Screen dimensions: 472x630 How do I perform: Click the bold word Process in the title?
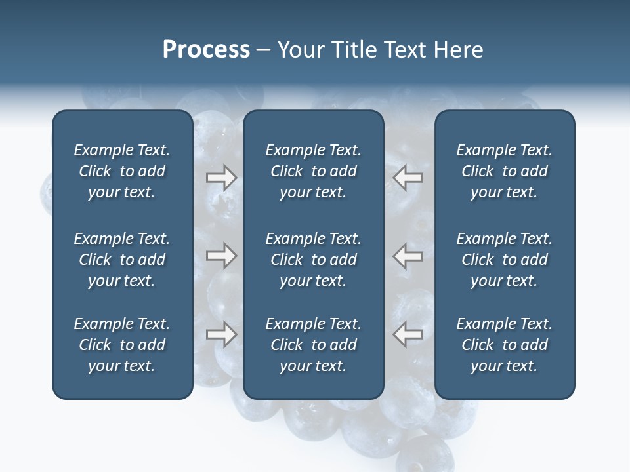(x=206, y=50)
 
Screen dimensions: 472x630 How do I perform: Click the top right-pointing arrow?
(x=221, y=178)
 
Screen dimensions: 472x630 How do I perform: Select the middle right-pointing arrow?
(x=221, y=256)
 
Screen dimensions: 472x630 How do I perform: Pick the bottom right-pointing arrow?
(x=221, y=334)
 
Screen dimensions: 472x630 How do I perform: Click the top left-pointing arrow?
(x=408, y=178)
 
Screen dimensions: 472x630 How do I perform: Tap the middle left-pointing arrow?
(x=408, y=256)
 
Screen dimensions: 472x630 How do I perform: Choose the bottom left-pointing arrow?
(x=408, y=334)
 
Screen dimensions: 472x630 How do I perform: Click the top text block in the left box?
(x=122, y=171)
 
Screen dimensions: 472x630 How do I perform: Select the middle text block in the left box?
(x=122, y=260)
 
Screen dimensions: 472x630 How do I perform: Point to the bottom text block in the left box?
(x=122, y=345)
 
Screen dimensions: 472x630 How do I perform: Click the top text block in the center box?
(x=313, y=171)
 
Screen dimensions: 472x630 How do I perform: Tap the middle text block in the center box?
(x=313, y=260)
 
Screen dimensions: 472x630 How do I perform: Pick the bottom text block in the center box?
(x=313, y=345)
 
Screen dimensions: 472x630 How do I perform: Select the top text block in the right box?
(x=504, y=171)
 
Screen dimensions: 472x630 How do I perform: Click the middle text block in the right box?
(x=504, y=260)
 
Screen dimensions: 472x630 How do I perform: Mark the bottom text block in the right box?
(x=504, y=345)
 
